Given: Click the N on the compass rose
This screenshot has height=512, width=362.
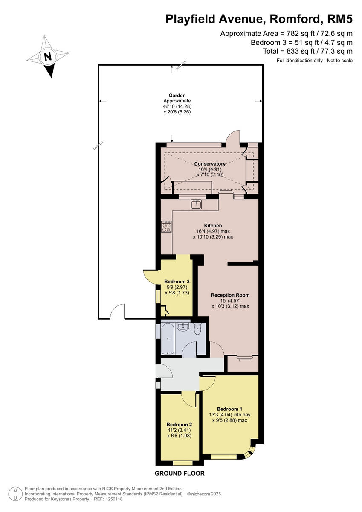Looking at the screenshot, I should tap(48, 56).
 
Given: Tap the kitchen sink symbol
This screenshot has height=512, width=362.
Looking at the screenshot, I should tap(197, 204).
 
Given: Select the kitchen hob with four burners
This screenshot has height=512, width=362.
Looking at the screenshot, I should tap(166, 227).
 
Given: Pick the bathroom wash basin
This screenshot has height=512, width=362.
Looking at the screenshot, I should tap(183, 326).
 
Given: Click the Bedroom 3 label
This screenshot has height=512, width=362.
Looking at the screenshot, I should tap(177, 282).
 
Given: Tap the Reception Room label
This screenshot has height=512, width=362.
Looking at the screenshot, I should tap(230, 295).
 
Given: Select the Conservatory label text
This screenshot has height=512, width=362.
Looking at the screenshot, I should tap(209, 164).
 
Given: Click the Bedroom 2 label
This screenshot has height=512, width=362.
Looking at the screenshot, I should tap(179, 425).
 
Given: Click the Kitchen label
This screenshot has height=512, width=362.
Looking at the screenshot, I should tap(213, 225).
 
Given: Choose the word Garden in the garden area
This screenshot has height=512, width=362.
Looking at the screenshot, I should tap(177, 96).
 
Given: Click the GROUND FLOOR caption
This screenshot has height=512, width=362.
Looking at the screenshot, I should tap(180, 473).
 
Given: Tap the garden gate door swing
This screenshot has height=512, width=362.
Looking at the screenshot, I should tap(117, 311).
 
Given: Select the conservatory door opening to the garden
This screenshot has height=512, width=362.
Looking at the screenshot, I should tap(234, 137).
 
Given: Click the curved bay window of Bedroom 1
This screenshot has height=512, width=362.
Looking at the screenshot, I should tap(251, 452).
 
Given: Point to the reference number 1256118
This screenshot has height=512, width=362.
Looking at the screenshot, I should tap(114, 499).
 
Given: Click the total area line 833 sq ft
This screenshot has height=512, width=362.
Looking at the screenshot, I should tap(308, 51).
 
